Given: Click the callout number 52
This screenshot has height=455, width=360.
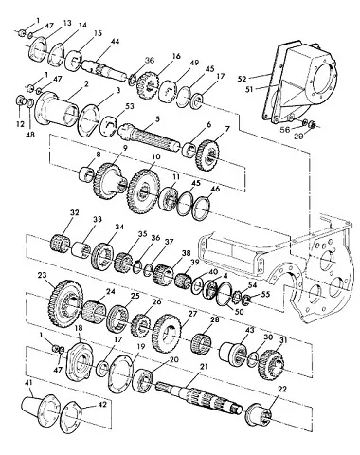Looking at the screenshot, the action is coord(242,79).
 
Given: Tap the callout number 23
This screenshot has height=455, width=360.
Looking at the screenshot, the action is coord(42,275).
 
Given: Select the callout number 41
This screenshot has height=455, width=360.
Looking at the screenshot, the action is coord(28,384).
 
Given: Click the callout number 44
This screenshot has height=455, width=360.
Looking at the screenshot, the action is coord(115,42).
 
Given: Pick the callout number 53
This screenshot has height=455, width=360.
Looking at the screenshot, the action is coord(130,106).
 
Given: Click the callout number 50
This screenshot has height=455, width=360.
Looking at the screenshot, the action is coord(240,312).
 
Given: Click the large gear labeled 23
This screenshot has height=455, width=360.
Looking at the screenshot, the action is coord(66,303).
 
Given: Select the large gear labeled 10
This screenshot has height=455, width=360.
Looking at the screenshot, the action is coord(143,191).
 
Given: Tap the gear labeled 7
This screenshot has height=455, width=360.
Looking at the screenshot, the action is coord(208,155).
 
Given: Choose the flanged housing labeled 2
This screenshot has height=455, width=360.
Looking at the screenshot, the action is coord(56,109).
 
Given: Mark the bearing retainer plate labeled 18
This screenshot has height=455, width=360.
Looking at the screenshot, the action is coord(81,359).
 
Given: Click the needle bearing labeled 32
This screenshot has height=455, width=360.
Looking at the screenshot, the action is coord(60,245).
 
